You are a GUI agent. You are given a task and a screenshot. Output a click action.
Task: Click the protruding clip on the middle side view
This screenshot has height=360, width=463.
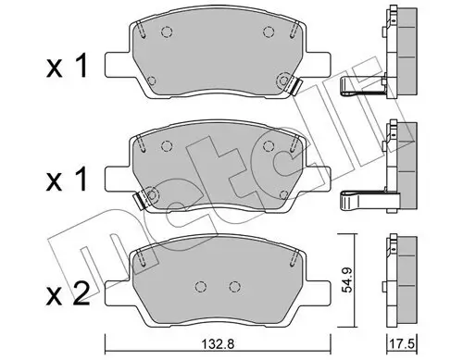tap(362, 197)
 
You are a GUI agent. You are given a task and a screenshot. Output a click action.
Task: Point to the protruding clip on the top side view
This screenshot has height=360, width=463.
tap(362, 88)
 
